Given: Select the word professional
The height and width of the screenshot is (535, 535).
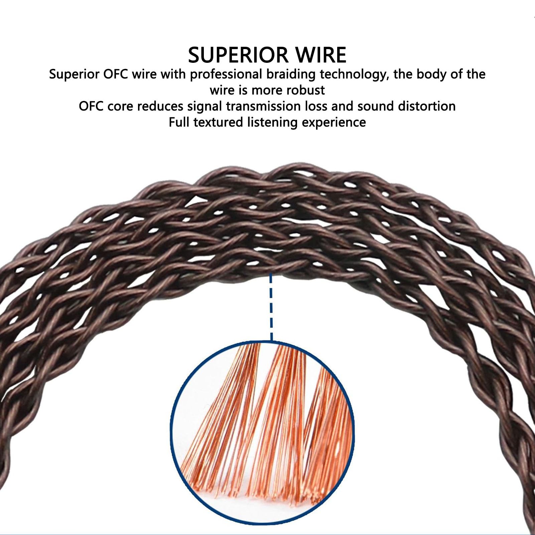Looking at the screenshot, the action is pos(226,75).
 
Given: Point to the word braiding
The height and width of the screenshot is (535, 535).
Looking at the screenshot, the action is pos(291,75).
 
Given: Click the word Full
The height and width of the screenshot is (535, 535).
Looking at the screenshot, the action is pos(179,122).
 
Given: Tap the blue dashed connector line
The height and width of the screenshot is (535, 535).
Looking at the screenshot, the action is pos(271,307).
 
